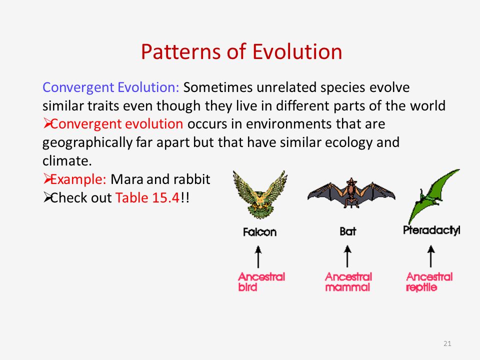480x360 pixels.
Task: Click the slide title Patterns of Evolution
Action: point(241,51)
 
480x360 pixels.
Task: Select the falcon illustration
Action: point(260,194)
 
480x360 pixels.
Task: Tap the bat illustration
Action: point(351,193)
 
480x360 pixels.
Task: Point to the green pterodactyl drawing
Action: point(434,196)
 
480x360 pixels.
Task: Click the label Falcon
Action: point(259,232)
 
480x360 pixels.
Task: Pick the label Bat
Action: point(348,231)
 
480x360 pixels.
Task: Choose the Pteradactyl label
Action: point(431,230)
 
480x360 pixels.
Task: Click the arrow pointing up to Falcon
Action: point(258,257)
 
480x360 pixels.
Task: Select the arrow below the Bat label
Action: point(347,256)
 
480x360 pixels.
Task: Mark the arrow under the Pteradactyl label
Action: point(430,256)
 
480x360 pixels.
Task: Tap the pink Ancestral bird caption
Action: point(261,281)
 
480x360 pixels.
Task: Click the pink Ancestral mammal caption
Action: point(348,281)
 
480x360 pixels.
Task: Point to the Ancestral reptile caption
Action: point(429,281)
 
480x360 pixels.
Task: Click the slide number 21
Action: point(447,343)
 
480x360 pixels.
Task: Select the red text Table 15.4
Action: point(147,198)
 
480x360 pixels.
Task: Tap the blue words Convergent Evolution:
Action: point(111,87)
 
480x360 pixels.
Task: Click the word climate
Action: point(67,160)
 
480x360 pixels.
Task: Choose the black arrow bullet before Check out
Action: point(47,198)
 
